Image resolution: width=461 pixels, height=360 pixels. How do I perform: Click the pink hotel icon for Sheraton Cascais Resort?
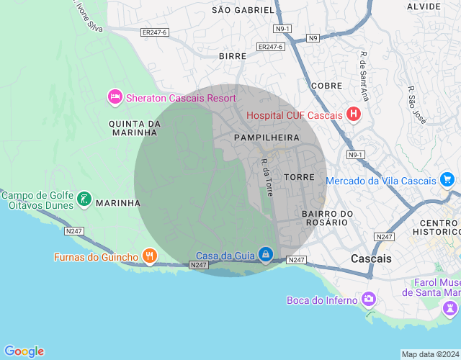tap(114, 97)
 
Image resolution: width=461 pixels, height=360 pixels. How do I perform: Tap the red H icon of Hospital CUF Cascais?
tap(353, 114)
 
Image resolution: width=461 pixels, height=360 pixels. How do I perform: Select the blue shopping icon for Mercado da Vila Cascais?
tap(448, 180)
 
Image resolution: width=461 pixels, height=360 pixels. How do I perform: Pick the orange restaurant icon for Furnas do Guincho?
tap(149, 256)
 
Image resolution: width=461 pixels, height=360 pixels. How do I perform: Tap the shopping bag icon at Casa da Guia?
tap(267, 255)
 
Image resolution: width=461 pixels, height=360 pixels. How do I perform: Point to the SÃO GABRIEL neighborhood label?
tap(243, 10)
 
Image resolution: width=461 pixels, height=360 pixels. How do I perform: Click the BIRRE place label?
tap(233, 55)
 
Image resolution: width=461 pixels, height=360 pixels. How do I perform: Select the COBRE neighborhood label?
tap(326, 86)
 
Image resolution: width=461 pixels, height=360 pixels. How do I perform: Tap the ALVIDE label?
tap(424, 6)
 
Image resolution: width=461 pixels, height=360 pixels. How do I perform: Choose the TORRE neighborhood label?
tap(300, 176)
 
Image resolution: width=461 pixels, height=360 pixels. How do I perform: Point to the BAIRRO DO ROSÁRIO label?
tap(328, 218)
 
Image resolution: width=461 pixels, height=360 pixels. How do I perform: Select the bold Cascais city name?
tap(371, 258)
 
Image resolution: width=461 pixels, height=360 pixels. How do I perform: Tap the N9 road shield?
tap(313, 38)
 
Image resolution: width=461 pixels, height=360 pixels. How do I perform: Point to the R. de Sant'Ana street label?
tap(364, 76)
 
